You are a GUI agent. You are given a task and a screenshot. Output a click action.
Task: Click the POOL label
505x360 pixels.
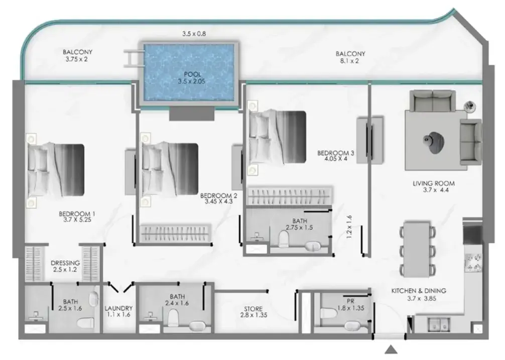(193, 74)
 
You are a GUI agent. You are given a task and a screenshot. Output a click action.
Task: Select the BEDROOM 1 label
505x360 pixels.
(77, 214)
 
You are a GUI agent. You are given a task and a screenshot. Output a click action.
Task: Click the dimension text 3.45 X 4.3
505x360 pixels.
(219, 201)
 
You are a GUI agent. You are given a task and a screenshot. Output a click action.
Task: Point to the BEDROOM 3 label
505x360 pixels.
(336, 153)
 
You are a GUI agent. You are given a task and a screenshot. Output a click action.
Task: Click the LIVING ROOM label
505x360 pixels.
(434, 183)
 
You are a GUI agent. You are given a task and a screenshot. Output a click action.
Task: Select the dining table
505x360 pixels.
(417, 249)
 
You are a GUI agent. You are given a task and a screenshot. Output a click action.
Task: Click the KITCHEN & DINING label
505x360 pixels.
(419, 291)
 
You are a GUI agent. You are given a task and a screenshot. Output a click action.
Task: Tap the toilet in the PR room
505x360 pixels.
(329, 312)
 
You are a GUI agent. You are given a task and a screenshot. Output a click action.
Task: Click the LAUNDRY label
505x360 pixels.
(118, 308)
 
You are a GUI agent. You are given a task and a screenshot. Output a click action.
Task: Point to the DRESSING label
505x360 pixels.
(65, 263)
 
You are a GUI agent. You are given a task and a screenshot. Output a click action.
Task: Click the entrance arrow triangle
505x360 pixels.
(391, 349)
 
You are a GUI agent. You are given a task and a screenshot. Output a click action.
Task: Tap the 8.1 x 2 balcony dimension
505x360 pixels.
(349, 61)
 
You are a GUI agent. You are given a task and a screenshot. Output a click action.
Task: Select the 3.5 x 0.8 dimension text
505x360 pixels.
(194, 34)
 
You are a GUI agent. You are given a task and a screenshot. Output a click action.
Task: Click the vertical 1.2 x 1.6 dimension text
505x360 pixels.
(349, 226)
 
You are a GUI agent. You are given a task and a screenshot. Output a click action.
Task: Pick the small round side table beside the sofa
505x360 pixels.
(470, 106)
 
